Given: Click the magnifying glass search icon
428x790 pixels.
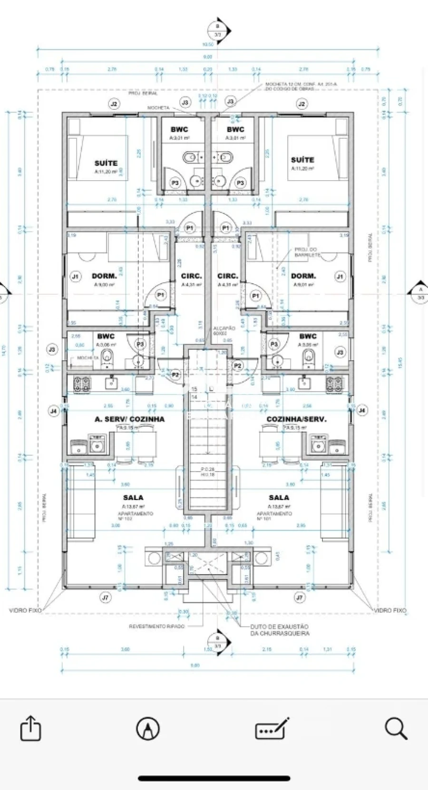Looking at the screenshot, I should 396,728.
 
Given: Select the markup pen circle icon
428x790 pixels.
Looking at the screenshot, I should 148,728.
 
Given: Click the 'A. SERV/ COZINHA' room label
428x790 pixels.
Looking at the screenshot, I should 129,419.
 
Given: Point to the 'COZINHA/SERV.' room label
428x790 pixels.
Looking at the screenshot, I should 296,419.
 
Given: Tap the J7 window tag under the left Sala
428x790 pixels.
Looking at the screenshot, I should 106,597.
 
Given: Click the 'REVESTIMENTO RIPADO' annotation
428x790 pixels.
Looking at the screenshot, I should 156,626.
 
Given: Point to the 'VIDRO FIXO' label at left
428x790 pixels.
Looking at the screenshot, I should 25,610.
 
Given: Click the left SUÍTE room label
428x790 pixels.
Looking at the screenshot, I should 106,163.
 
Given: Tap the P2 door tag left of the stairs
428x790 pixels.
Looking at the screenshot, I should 175,375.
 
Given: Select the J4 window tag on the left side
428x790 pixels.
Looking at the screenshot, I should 53,411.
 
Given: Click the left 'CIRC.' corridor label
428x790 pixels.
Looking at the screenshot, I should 191,276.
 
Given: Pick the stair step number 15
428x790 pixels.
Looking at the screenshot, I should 194,389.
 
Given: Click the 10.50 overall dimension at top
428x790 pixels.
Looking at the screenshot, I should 208,44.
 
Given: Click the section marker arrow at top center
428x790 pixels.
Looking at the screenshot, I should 219,31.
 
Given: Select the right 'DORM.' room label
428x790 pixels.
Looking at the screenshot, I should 303,276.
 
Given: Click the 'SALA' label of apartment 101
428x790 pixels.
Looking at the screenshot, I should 279,497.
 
